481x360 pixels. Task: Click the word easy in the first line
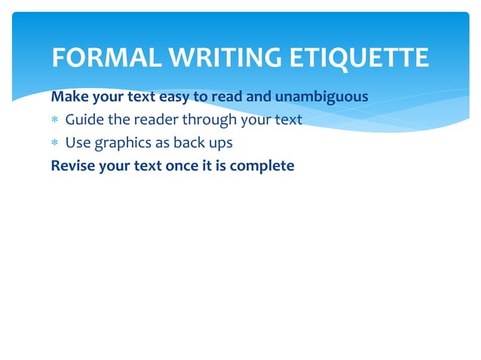[x=174, y=97]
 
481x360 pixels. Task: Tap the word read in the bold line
[x=229, y=97]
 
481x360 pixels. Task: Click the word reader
[x=150, y=120]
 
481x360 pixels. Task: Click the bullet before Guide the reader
[x=55, y=121]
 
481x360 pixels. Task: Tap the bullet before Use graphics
[x=55, y=143]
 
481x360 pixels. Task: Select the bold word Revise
[x=71, y=165]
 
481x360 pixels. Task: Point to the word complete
[x=262, y=166]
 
